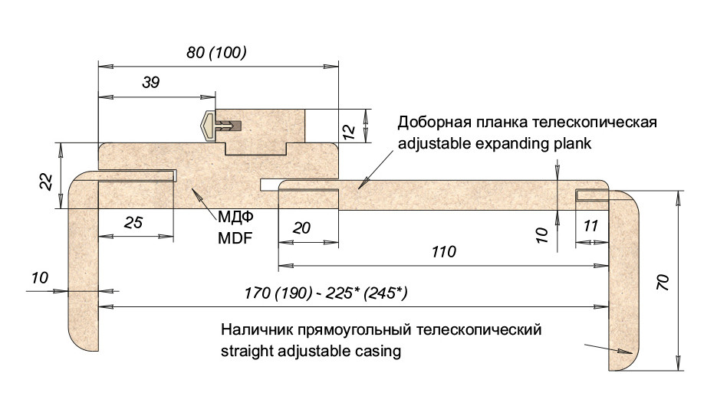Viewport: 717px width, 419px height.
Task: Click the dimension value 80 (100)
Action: point(215,54)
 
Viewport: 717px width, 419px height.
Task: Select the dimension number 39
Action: point(151,83)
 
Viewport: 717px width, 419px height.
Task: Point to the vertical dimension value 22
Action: point(47,182)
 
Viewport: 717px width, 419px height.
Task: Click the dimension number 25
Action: point(133,223)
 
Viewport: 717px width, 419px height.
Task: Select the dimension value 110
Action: point(443,251)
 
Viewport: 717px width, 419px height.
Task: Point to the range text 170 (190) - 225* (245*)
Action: point(326,293)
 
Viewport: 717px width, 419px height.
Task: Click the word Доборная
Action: point(432,123)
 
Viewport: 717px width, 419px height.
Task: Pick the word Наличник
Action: point(255,331)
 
